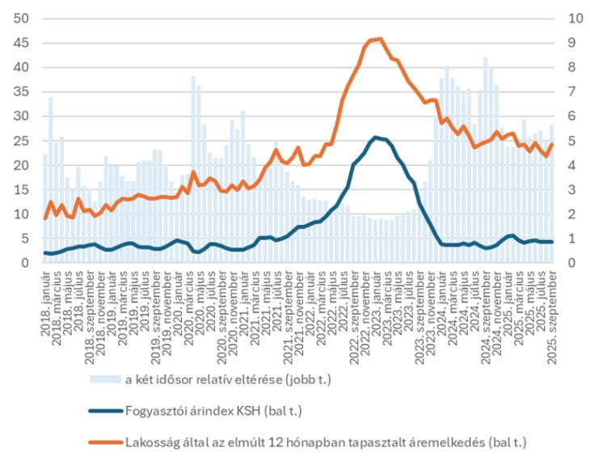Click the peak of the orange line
click(381, 39)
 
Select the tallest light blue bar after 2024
click(485, 58)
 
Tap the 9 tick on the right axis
click(573, 42)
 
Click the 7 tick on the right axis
click(573, 91)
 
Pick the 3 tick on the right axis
click(573, 190)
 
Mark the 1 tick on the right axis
click(573, 239)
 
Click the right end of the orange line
click(553, 144)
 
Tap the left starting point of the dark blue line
click(45, 253)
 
